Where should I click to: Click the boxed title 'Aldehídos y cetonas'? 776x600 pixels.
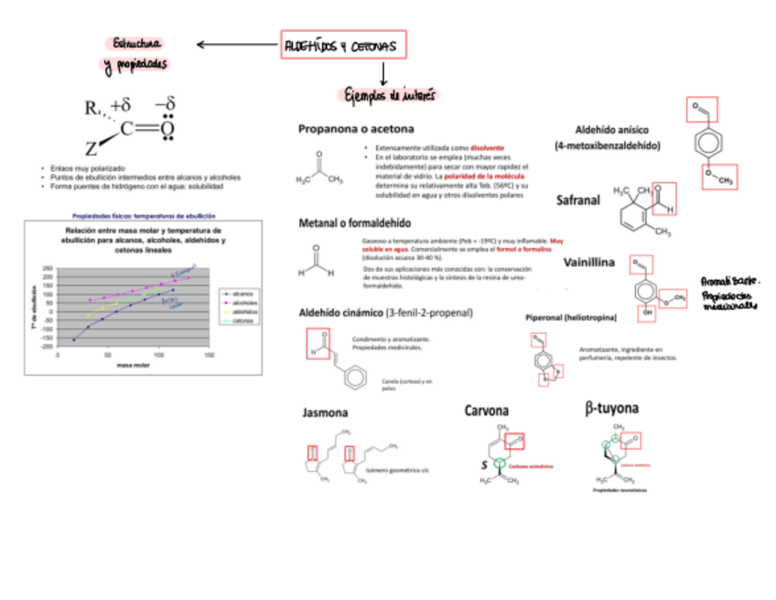340,45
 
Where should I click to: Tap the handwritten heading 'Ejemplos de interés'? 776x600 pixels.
390,95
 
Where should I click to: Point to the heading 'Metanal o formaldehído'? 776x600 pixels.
354,223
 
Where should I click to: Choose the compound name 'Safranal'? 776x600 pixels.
578,200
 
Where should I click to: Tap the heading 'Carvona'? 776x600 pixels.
486,411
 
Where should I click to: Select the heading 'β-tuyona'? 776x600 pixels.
611,407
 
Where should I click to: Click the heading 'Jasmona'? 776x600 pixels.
325,413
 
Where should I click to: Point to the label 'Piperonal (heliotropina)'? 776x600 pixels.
570,317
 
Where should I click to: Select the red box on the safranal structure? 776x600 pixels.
665,197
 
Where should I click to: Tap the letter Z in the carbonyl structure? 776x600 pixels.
91,148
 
